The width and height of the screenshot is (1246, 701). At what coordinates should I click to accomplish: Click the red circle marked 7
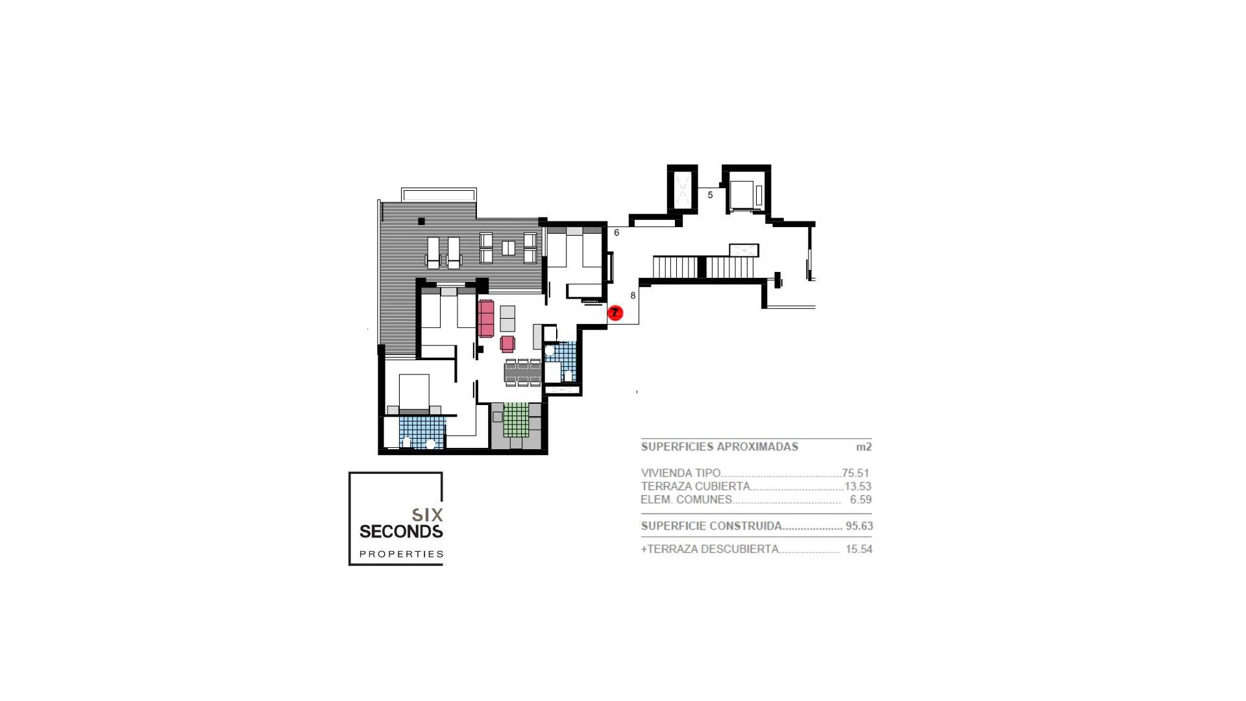click(615, 314)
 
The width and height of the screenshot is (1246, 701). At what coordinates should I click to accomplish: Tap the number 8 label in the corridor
click(633, 295)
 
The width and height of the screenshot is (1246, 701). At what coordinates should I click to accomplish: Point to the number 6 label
click(617, 232)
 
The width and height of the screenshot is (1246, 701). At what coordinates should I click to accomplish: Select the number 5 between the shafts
click(710, 195)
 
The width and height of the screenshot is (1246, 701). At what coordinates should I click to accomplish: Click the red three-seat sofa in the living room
click(486, 318)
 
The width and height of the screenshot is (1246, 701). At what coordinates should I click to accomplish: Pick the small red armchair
click(507, 344)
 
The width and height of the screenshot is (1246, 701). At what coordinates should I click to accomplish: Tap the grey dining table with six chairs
click(522, 373)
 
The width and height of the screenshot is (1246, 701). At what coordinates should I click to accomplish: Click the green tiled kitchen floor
click(517, 419)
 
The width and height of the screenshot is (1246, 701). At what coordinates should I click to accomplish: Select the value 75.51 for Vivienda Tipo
click(855, 473)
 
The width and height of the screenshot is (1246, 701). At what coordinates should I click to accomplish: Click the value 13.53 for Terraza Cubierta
click(857, 486)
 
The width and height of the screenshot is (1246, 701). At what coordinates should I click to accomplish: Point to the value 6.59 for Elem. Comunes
click(861, 500)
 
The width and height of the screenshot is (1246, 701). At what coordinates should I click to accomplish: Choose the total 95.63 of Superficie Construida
click(859, 526)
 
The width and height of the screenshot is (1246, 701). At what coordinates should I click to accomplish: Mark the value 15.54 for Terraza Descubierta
click(859, 549)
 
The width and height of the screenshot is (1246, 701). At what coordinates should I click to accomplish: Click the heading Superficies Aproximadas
click(719, 447)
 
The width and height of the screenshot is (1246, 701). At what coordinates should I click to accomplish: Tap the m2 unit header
click(863, 447)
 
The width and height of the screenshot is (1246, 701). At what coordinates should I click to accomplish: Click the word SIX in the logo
click(428, 515)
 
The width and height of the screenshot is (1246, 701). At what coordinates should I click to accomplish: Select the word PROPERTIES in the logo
click(402, 554)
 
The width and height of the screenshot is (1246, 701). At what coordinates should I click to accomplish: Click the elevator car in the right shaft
click(742, 193)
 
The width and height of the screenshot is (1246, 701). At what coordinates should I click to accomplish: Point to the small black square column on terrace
click(421, 221)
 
